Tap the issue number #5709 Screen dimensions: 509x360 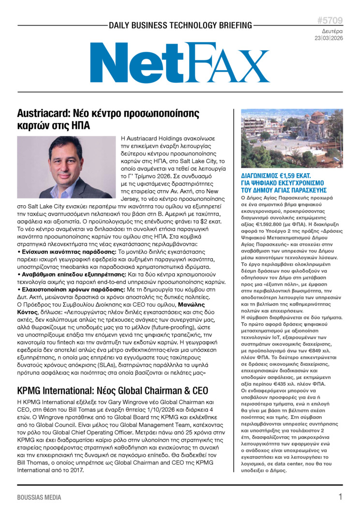click(x=330, y=20)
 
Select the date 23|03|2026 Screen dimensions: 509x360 click(x=329, y=38)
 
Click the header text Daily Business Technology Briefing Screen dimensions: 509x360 click(x=180, y=25)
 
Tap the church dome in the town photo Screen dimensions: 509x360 click(x=318, y=116)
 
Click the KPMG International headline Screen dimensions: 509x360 click(x=112, y=390)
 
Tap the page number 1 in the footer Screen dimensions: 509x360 click(x=340, y=497)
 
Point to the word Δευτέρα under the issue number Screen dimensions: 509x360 click(x=332, y=30)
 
